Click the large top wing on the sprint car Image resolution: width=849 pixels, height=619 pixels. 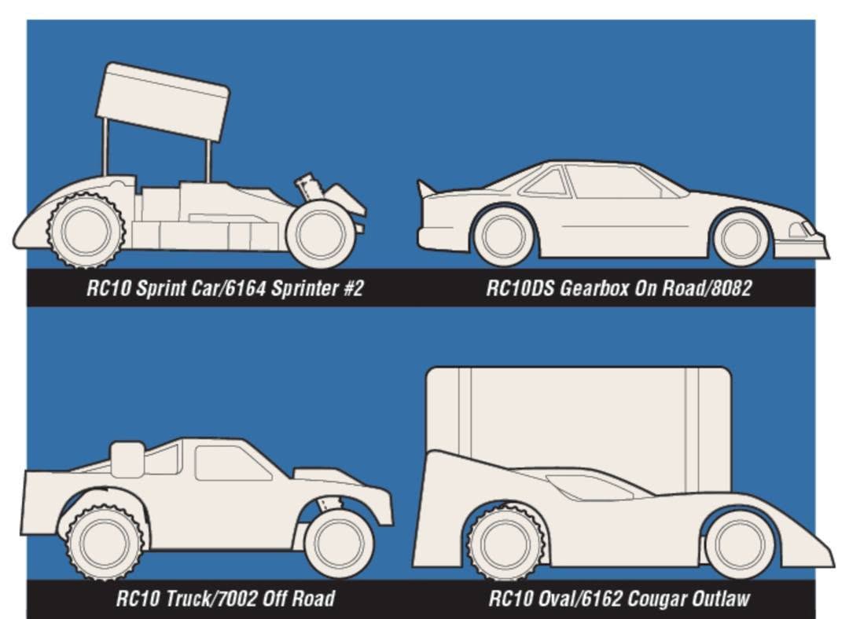[163, 101]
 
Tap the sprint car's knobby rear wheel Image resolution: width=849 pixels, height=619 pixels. [86, 230]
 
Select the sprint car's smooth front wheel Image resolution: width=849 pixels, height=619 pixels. [321, 234]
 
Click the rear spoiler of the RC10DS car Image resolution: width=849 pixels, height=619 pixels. [426, 189]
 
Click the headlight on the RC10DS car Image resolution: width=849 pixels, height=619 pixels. [798, 230]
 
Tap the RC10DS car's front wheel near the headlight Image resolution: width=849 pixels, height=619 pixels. [741, 237]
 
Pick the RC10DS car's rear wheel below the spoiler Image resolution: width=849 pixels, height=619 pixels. [504, 236]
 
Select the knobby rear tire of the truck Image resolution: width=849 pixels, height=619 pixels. [105, 542]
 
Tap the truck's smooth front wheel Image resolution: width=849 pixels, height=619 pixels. [340, 544]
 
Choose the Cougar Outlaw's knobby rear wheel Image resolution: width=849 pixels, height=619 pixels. [505, 542]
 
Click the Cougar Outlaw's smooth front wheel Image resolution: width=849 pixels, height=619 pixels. [741, 544]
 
